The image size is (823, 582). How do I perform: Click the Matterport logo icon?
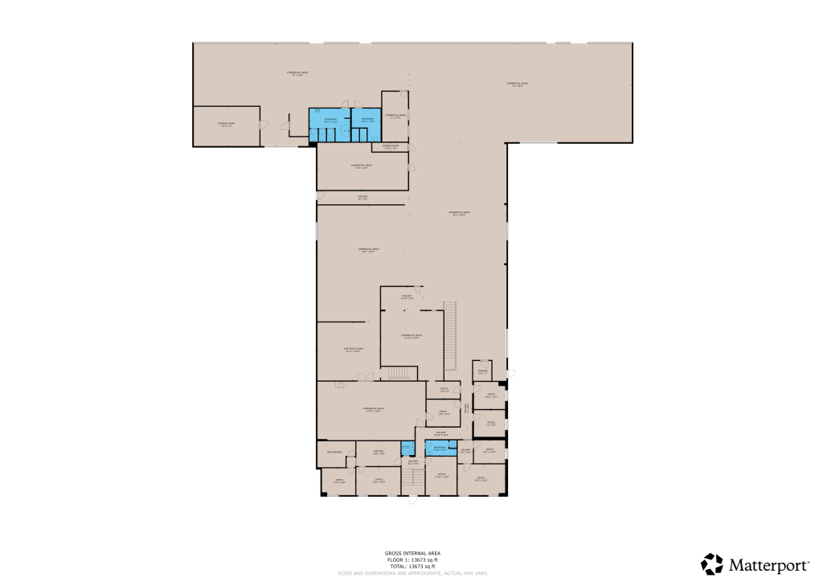pos(712,564)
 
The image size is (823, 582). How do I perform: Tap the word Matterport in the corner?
pos(769,565)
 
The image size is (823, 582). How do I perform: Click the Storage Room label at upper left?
pos(225,125)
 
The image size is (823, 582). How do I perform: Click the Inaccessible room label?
pos(334,453)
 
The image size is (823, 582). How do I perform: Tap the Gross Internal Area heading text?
pos(411,553)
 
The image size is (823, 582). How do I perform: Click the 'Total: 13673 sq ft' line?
pos(411,567)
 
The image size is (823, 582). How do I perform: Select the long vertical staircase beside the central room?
pos(450,334)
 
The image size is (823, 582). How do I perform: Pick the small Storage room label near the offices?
pos(482,371)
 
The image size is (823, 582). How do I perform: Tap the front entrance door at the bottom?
pos(412,500)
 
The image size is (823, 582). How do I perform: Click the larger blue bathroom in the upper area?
pos(330,125)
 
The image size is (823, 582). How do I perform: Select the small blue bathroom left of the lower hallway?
pos(407,449)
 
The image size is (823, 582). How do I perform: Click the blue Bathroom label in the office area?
pos(440,448)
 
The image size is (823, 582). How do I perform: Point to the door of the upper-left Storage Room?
pos(264,123)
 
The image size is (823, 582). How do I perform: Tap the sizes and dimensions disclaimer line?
pos(411,573)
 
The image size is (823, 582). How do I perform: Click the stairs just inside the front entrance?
pos(412,479)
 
